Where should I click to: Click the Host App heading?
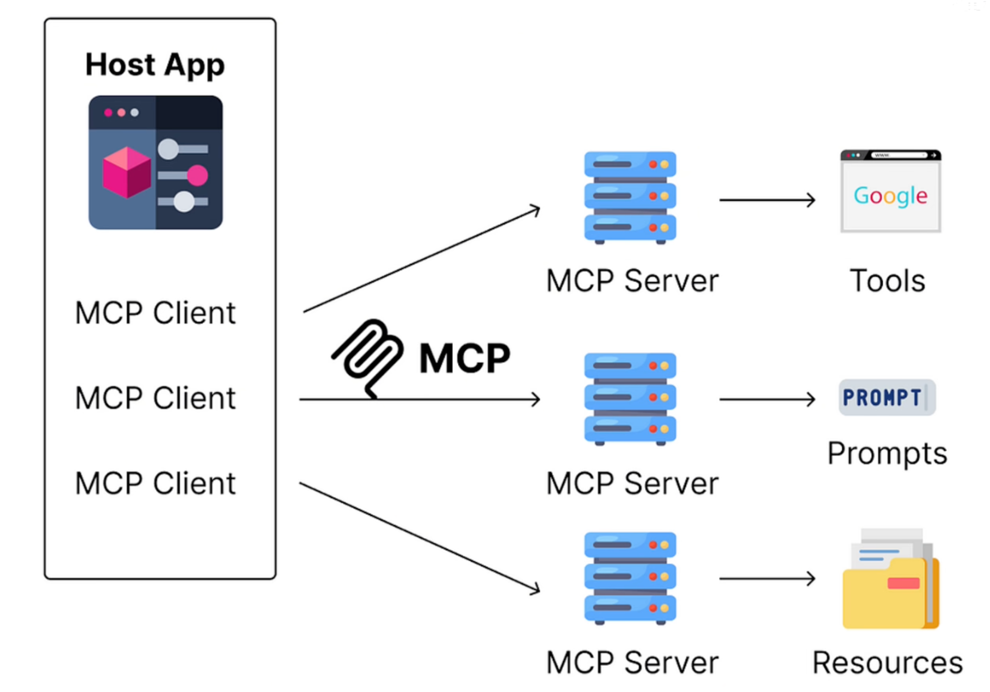(x=155, y=65)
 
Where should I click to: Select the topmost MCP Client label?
(x=155, y=313)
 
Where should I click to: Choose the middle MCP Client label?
(x=155, y=398)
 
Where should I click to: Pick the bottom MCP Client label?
(x=155, y=483)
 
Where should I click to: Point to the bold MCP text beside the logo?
(x=465, y=358)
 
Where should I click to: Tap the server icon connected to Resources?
(x=630, y=578)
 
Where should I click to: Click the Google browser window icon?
(x=890, y=191)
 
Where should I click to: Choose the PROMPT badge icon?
(x=887, y=397)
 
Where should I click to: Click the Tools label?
(x=887, y=281)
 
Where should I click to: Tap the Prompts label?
(x=887, y=453)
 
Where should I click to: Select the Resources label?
(x=887, y=662)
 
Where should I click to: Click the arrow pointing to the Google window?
(x=767, y=200)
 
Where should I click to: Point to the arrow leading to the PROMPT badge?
(x=767, y=399)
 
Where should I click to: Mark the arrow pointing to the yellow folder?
(x=767, y=579)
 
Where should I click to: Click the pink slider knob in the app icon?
(x=197, y=176)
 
